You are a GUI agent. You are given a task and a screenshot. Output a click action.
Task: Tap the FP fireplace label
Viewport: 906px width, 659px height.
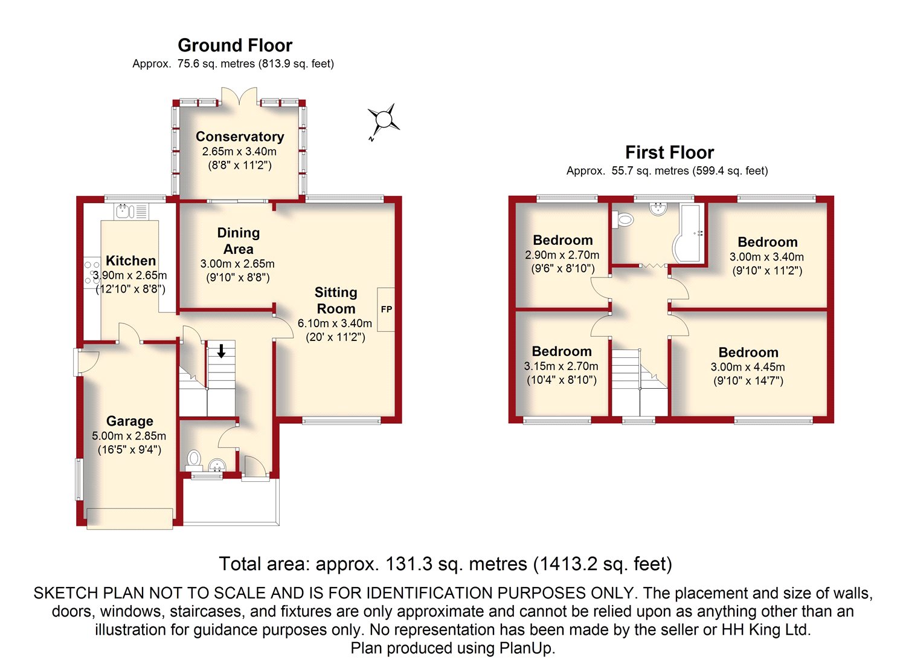pyautogui.click(x=387, y=309)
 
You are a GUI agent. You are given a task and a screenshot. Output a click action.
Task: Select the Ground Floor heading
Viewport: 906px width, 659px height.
pyautogui.click(x=235, y=45)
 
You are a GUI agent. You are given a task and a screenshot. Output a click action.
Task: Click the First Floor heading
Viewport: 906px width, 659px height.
pyautogui.click(x=669, y=152)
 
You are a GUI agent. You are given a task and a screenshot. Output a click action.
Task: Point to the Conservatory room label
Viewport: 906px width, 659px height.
pyautogui.click(x=240, y=137)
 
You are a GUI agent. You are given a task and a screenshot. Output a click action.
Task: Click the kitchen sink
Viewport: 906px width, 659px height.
pyautogui.click(x=125, y=211)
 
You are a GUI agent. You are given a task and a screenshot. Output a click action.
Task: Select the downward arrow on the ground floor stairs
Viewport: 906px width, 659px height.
pyautogui.click(x=221, y=351)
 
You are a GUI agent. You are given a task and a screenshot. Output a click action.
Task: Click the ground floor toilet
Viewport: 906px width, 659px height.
pyautogui.click(x=194, y=458)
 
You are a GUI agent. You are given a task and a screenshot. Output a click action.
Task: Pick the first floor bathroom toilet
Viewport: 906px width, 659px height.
pyautogui.click(x=624, y=219)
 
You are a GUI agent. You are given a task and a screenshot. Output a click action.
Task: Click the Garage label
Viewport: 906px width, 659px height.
pyautogui.click(x=130, y=421)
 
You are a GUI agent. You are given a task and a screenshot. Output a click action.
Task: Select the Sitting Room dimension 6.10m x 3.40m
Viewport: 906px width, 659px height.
pyautogui.click(x=335, y=323)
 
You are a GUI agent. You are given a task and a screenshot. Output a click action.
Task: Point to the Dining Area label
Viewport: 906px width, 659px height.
pyautogui.click(x=239, y=241)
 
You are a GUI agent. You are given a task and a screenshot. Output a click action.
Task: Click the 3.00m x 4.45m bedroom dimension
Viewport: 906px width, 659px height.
pyautogui.click(x=748, y=367)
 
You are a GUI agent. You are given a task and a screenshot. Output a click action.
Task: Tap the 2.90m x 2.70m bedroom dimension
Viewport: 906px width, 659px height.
pyautogui.click(x=562, y=255)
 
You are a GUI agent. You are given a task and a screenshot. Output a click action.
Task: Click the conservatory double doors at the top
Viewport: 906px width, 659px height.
pyautogui.click(x=240, y=97)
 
